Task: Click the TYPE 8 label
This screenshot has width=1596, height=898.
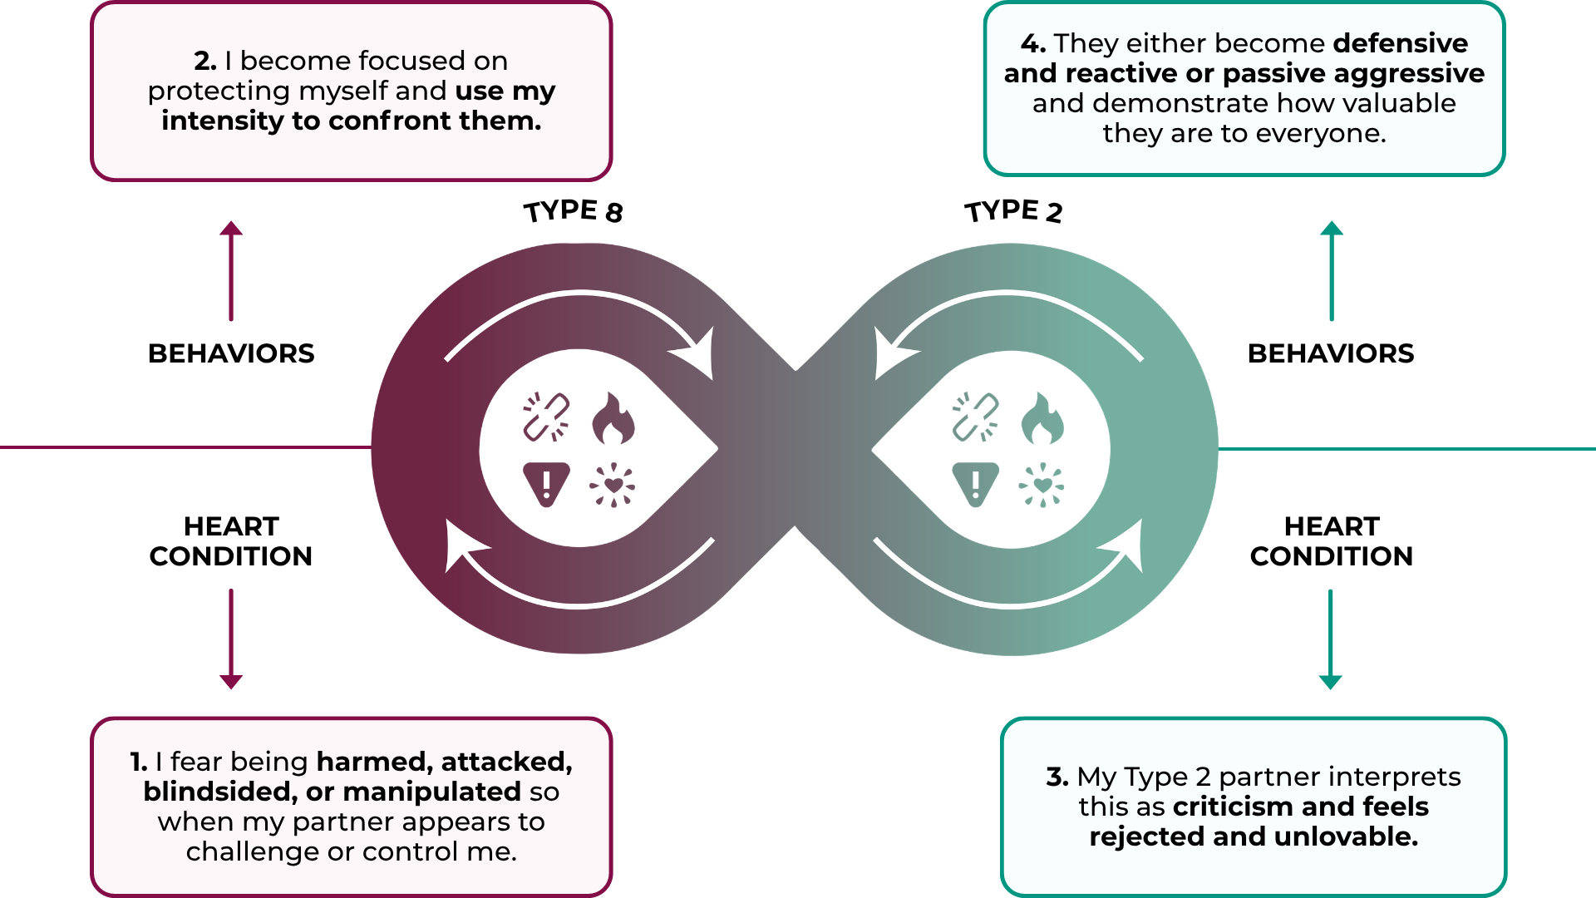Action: pyautogui.click(x=573, y=211)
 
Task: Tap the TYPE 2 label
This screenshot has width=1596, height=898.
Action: pyautogui.click(x=1013, y=211)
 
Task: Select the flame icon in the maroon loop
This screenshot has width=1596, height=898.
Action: pyautogui.click(x=613, y=418)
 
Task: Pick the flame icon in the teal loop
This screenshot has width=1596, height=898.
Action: pyautogui.click(x=1042, y=418)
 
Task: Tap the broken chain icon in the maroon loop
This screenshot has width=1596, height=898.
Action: pyautogui.click(x=546, y=417)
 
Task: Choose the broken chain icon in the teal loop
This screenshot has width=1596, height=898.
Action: pyautogui.click(x=975, y=417)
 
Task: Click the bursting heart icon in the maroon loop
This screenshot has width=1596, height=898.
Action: pyautogui.click(x=613, y=485)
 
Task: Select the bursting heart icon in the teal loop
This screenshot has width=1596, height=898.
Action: pyautogui.click(x=1042, y=485)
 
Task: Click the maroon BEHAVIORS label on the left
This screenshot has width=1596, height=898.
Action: pyautogui.click(x=231, y=353)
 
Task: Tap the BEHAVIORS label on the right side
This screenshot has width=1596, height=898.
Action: pyautogui.click(x=1331, y=353)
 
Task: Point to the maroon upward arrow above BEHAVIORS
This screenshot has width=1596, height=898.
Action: pyautogui.click(x=231, y=270)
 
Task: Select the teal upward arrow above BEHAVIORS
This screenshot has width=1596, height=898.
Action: pyautogui.click(x=1332, y=270)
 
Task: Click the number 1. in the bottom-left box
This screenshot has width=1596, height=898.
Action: pyautogui.click(x=139, y=762)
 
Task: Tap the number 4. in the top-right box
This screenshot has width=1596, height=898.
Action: pyautogui.click(x=1032, y=43)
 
